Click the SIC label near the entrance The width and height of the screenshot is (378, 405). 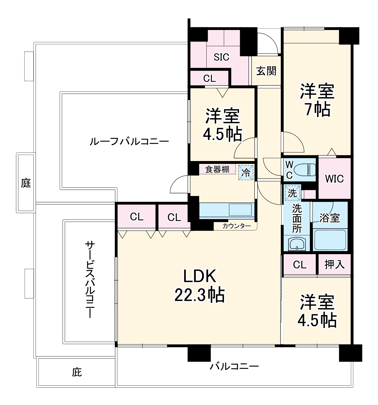point(221,57)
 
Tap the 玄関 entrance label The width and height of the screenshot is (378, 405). point(266,71)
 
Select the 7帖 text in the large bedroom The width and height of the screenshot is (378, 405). point(317,109)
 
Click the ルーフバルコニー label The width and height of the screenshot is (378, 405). point(129,141)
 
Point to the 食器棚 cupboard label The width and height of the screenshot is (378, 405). point(217,169)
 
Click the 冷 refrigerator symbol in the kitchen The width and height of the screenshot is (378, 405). point(246,172)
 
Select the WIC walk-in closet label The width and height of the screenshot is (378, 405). point(334,179)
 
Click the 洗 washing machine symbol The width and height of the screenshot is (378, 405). point(292,193)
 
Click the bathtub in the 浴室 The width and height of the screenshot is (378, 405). point(330,240)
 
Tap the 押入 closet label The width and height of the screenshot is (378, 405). point(334,265)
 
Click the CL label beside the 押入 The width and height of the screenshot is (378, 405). point(300,265)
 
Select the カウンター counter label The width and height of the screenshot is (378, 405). point(236,226)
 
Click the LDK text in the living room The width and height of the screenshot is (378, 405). point(200,276)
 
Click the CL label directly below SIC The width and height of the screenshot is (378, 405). point(209,78)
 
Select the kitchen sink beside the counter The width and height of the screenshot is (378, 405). point(240,210)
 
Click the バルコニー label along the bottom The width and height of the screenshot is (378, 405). point(234,366)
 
